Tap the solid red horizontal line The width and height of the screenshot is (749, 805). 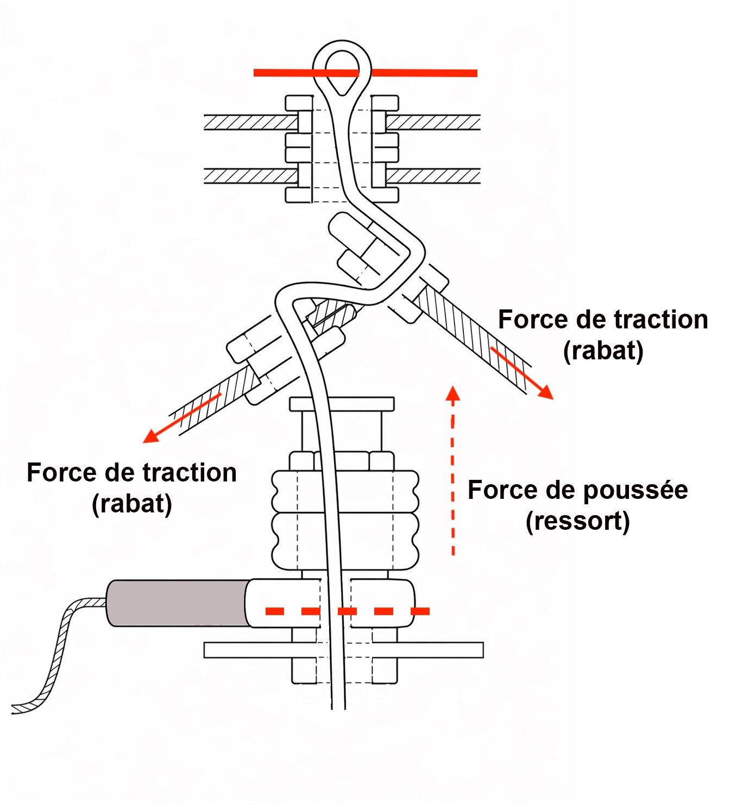pyautogui.click(x=424, y=73)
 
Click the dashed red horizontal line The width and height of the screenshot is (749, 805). pyautogui.click(x=348, y=611)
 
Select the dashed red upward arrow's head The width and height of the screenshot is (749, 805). pyautogui.click(x=453, y=394)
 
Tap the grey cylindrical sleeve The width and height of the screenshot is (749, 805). pyautogui.click(x=177, y=603)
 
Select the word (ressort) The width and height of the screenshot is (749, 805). pyautogui.click(x=578, y=522)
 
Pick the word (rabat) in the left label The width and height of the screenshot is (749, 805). pyautogui.click(x=132, y=504)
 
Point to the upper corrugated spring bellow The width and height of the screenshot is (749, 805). pyautogui.click(x=345, y=491)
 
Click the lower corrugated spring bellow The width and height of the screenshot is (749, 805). pyautogui.click(x=345, y=541)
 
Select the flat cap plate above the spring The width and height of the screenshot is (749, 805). pyautogui.click(x=342, y=404)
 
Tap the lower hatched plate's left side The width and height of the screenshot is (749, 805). pyautogui.click(x=250, y=176)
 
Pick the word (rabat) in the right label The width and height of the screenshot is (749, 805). pyautogui.click(x=603, y=351)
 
